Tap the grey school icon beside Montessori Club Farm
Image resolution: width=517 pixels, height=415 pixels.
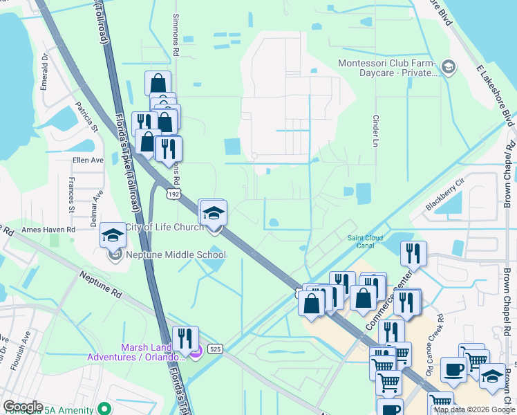pyautogui.click(x=449, y=67)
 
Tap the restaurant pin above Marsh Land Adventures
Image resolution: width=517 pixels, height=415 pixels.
pyautogui.click(x=185, y=339)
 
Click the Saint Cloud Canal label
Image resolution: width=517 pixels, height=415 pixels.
pyautogui.click(x=366, y=241)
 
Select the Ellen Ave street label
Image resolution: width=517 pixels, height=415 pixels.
pyautogui.click(x=87, y=160)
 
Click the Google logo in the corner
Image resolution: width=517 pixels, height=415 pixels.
pyautogui.click(x=23, y=407)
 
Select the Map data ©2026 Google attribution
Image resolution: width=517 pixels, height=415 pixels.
pyautogui.click(x=474, y=409)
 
